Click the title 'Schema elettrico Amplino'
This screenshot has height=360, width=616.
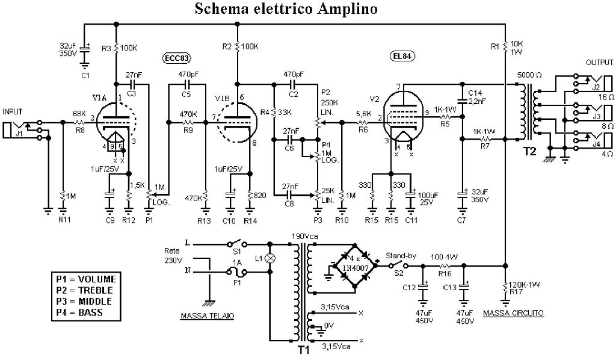[286, 10]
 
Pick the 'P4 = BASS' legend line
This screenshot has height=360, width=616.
[79, 312]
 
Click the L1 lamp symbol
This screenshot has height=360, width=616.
[269, 259]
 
